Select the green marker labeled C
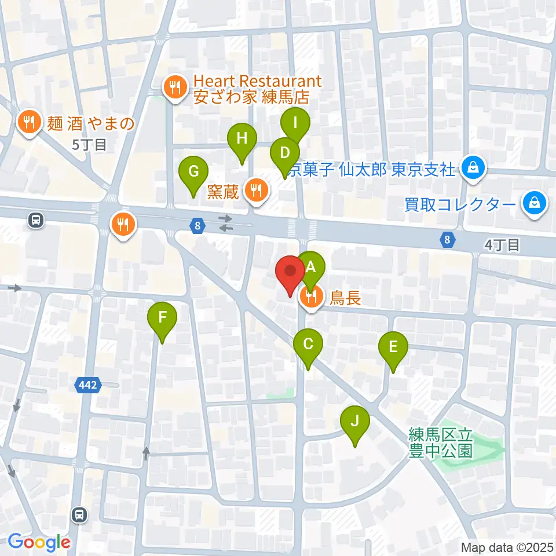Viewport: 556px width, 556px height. pos(308,345)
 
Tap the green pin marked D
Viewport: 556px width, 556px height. pos(284,153)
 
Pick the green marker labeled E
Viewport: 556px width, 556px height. pos(393,348)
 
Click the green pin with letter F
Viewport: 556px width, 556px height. pos(162,317)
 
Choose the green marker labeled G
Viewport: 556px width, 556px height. pos(193,171)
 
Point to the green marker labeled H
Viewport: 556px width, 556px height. pos(242,139)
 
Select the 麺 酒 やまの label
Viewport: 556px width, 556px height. pos(91,123)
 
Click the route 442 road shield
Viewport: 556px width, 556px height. pos(89,383)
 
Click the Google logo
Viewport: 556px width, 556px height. pos(39,543)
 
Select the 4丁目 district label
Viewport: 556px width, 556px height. pos(502,245)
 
